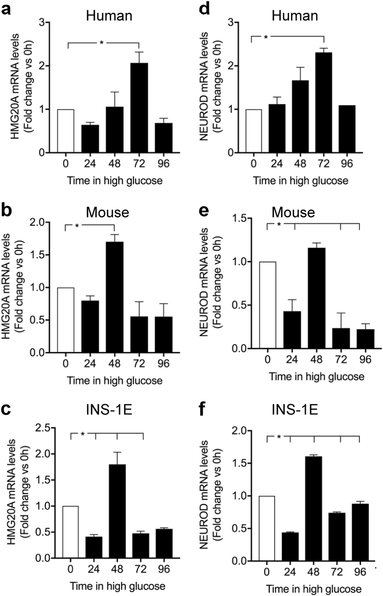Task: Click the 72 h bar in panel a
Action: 139,108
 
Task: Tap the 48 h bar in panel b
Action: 114,297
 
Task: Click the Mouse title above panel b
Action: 107,213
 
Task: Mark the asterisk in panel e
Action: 279,224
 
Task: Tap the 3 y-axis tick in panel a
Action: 42,23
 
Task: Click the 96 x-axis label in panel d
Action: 347,164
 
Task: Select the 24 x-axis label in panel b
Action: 90,363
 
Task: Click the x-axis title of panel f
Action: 313,589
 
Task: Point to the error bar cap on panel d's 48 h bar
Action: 300,67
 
